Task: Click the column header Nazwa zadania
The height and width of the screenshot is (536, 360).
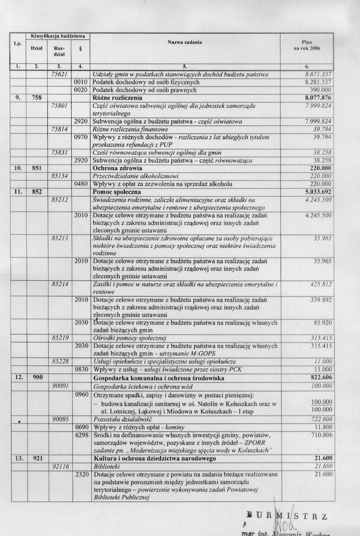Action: [x=184, y=42]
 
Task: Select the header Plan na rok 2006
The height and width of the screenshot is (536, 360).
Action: [x=307, y=45]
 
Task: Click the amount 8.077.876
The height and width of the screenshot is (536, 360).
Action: [x=318, y=98]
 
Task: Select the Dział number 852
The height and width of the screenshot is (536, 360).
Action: [x=37, y=192]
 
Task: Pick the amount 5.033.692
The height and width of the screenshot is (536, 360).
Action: [x=318, y=192]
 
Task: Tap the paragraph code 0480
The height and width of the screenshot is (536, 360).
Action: [x=81, y=184]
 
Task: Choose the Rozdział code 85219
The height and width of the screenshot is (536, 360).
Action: [x=60, y=338]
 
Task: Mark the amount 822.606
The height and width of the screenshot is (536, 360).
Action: [x=321, y=378]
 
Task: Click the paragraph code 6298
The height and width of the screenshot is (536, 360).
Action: [x=81, y=435]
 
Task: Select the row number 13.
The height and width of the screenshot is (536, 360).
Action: [x=19, y=459]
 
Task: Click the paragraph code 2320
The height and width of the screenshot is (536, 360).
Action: [x=81, y=474]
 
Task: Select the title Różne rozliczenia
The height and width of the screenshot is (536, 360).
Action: [x=117, y=98]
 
